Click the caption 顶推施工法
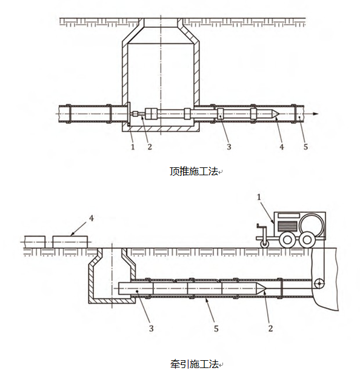[194, 172]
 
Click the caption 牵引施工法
[194, 364]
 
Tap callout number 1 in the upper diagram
[133, 147]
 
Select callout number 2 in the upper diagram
[150, 147]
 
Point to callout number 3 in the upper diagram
[228, 147]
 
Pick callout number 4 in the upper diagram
[282, 147]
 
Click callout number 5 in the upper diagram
[305, 147]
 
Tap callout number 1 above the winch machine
[259, 197]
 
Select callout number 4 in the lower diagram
[92, 218]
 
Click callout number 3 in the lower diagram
[152, 329]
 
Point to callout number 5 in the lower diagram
[216, 329]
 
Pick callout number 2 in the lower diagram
[270, 329]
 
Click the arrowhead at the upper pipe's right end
[315, 114]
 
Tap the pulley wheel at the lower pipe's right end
[319, 284]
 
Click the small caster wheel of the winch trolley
[264, 244]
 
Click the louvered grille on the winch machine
[287, 226]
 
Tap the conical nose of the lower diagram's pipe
[261, 289]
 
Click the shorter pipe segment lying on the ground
[35, 242]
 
